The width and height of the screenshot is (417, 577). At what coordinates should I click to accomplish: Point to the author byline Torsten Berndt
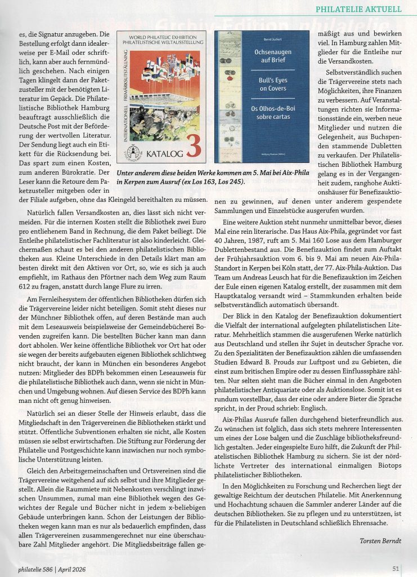(x=380, y=541)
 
